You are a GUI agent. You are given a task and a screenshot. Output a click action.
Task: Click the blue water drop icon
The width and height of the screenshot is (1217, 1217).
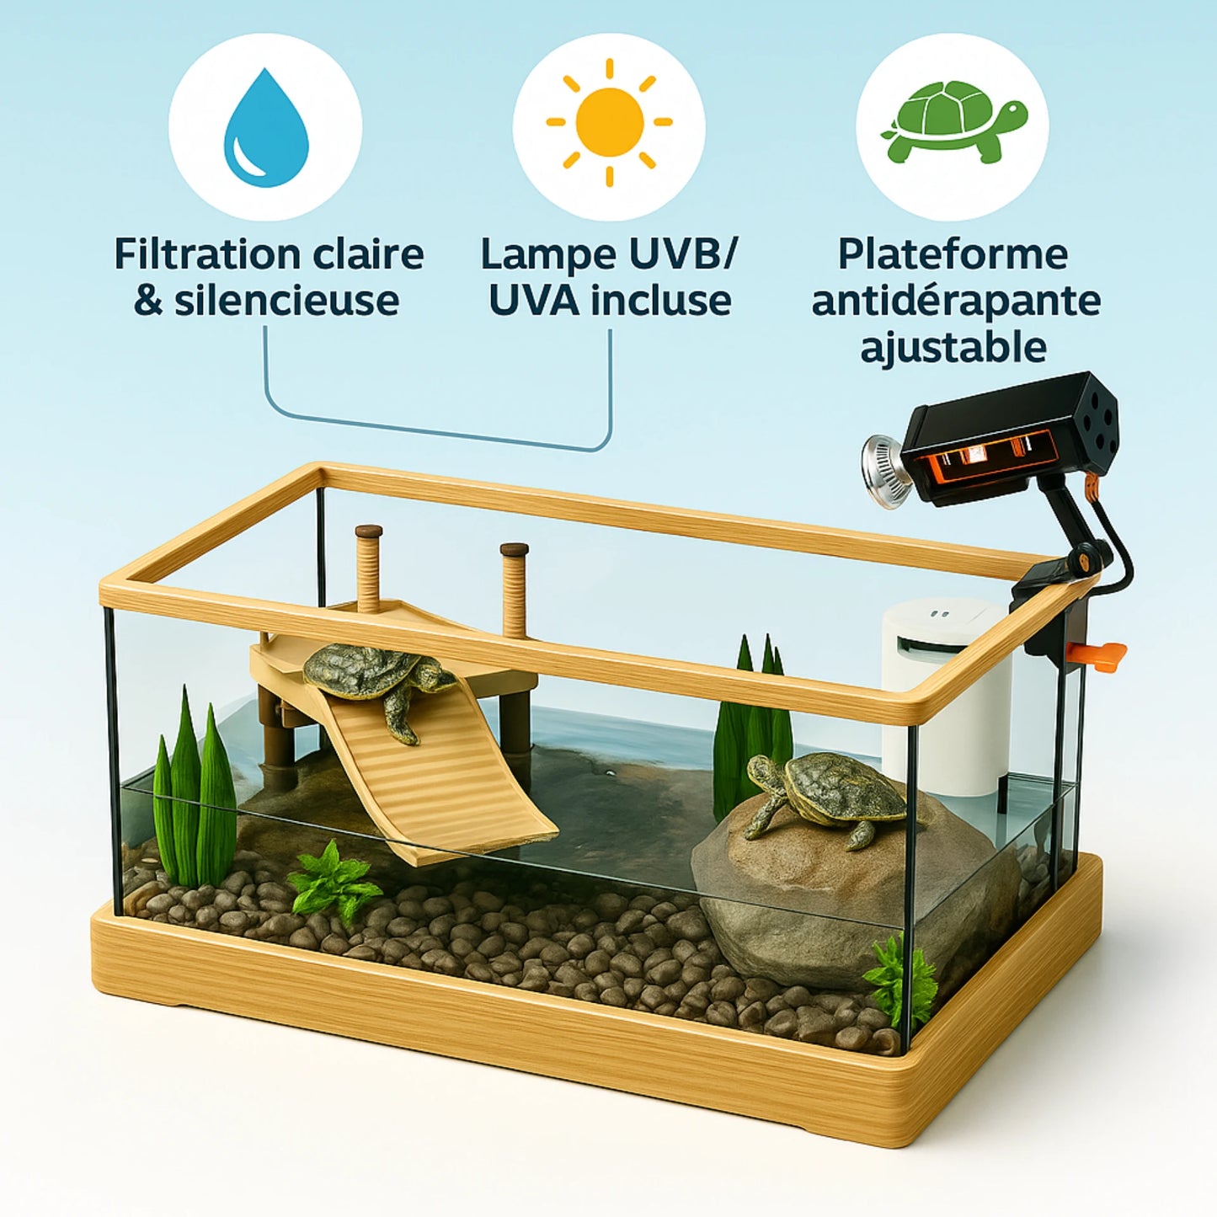(266, 128)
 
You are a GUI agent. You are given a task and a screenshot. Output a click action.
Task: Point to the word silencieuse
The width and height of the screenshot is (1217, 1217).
(287, 301)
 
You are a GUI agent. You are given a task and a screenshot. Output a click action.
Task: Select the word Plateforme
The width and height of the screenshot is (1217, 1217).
(953, 254)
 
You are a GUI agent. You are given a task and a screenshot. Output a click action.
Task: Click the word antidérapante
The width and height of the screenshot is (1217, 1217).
(956, 301)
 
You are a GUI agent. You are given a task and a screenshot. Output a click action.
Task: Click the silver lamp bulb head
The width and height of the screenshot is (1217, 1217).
(881, 471)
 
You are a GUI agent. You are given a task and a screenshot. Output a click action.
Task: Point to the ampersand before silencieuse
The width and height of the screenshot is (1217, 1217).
(148, 302)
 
